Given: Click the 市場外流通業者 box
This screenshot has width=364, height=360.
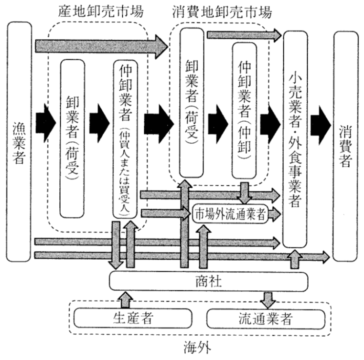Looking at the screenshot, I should pyautogui.click(x=229, y=214).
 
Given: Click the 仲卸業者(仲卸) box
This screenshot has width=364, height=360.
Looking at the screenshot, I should pyautogui.click(x=244, y=112).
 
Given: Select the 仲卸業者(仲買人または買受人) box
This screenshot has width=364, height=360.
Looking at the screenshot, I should pyautogui.click(x=126, y=138).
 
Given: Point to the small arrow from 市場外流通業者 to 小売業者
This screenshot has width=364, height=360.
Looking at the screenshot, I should pyautogui.click(x=274, y=214).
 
